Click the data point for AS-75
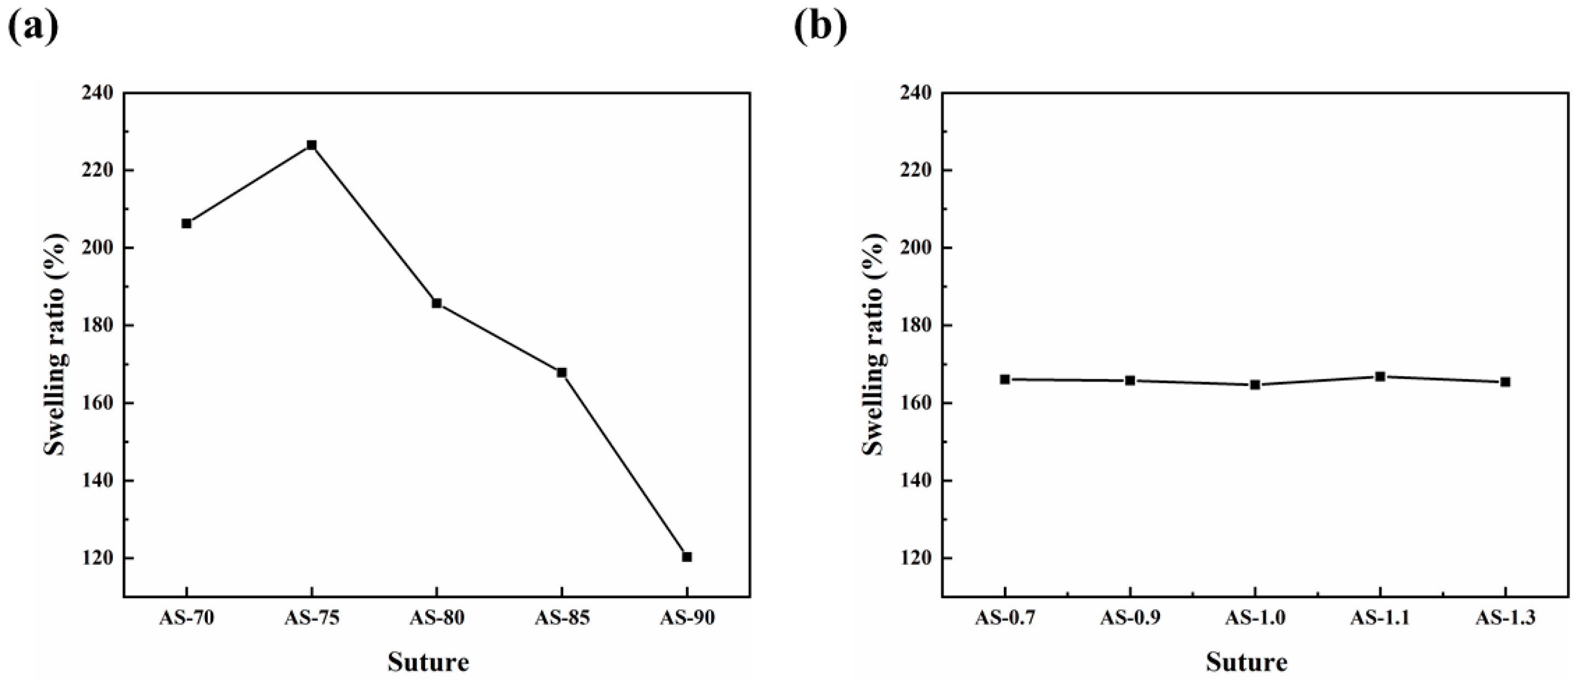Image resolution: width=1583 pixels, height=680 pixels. (312, 145)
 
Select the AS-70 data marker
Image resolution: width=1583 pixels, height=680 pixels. (186, 223)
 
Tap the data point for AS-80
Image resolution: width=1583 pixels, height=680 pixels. (437, 303)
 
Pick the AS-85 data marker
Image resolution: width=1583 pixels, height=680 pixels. (562, 372)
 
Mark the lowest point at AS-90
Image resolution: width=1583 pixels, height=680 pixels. (687, 557)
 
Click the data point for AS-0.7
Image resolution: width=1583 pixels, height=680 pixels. (1005, 379)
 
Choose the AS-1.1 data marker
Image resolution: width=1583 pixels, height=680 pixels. (1380, 376)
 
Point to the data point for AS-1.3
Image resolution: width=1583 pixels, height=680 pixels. (1506, 382)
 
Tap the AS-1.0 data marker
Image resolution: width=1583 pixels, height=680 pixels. (1255, 385)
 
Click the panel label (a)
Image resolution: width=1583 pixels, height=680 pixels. (34, 27)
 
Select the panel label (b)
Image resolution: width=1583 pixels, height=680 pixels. (820, 27)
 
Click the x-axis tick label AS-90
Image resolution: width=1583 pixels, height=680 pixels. (687, 618)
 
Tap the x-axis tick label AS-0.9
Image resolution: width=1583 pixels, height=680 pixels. (1130, 618)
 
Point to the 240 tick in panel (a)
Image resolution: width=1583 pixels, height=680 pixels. (98, 93)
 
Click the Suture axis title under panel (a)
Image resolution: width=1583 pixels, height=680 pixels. (428, 662)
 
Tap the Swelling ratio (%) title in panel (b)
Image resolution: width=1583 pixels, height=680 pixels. (873, 344)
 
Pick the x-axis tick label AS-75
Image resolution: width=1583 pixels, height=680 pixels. (312, 618)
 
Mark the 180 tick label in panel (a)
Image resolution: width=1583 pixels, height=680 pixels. (98, 325)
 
